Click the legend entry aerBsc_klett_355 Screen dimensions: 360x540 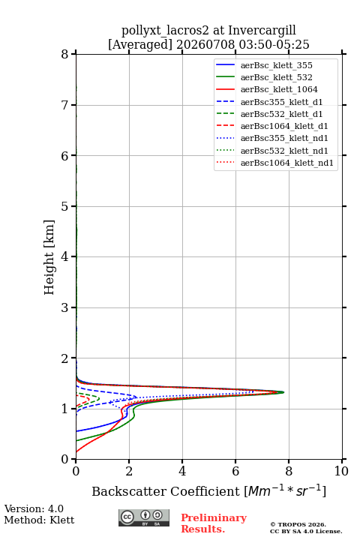pos(264,65)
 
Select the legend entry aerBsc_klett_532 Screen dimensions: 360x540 pos(264,77)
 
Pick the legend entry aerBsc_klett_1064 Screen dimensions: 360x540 pos(267,89)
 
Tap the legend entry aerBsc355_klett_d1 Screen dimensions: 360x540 pos(269,102)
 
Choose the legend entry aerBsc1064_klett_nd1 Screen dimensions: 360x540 pos(274,163)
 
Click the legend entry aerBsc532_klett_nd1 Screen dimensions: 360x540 pos(271,151)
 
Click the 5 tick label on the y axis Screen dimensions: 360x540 pos(65,206)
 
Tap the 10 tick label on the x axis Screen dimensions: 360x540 pos(341,471)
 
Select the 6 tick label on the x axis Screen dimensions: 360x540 pos(235,471)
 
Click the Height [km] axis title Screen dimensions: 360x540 pos(49,257)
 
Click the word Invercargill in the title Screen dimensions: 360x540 pos(262,31)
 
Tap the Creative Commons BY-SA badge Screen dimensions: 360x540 pos(144,517)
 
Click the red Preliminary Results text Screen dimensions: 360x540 pos(214,523)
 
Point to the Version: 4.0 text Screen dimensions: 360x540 pos(34,508)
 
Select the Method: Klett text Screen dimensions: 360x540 pos(39,520)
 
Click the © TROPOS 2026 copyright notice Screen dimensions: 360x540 pos(298,524)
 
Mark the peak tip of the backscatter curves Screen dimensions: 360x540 pos(283,392)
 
